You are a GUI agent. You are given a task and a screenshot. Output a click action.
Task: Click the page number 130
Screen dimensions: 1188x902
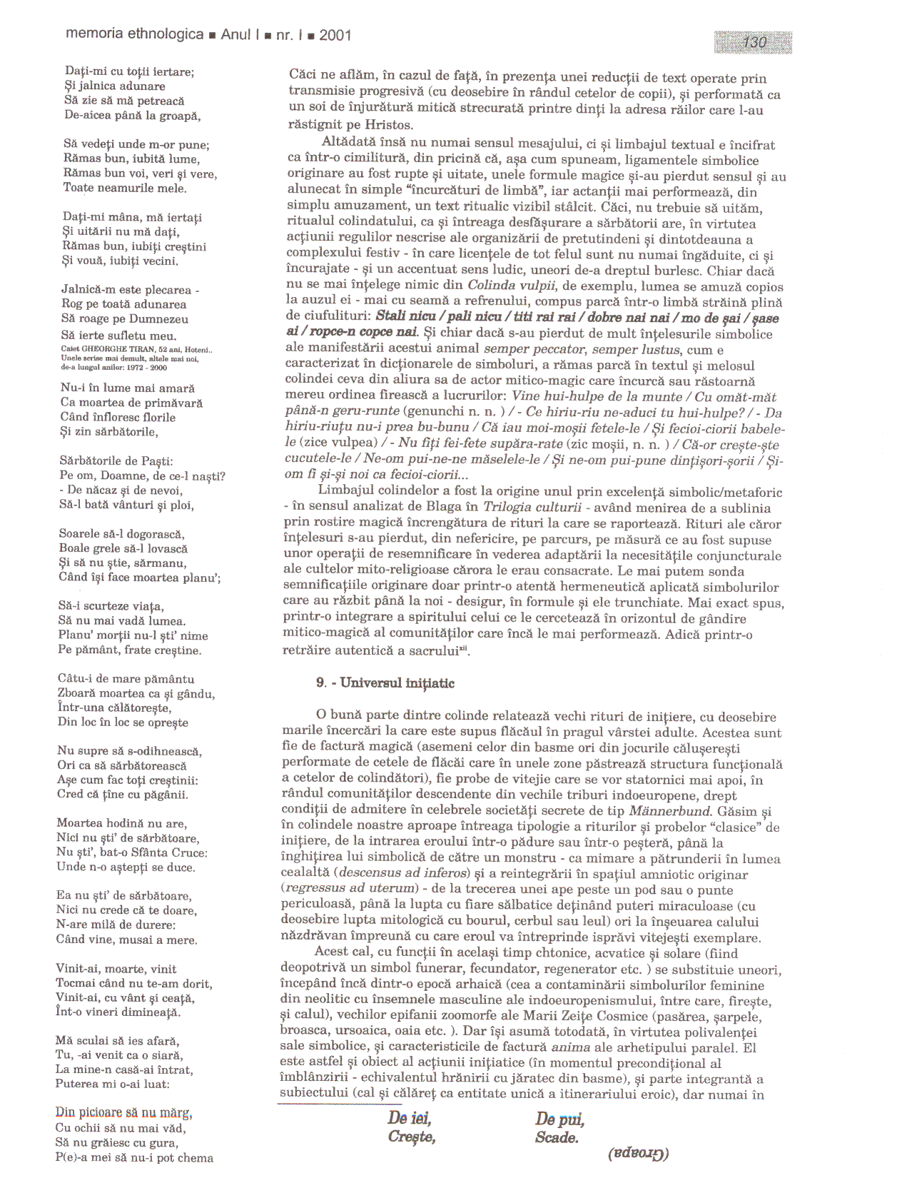pos(754,43)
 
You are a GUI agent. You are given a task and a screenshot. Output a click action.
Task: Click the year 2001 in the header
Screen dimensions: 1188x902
pos(335,35)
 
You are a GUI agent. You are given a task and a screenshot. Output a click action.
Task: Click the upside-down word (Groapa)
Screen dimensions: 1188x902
pos(639,1153)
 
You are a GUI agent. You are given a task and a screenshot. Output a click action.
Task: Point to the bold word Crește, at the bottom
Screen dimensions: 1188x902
pos(412,1137)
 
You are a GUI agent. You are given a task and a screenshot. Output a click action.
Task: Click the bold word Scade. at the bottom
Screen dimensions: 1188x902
pos(557,1138)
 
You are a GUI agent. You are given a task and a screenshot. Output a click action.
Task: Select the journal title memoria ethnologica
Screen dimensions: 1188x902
pos(134,35)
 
